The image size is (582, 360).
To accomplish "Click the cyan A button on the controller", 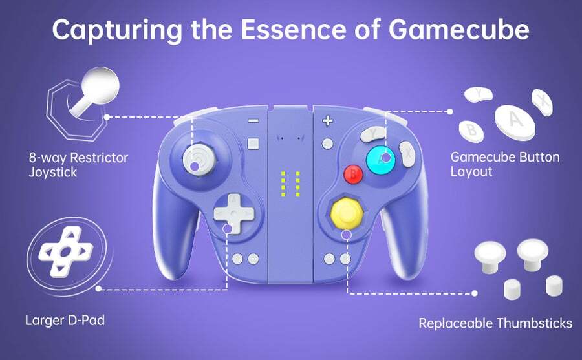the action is (380, 160).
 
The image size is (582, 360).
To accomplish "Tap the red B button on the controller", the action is (353, 174).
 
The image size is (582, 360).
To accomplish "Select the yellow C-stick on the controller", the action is (347, 213).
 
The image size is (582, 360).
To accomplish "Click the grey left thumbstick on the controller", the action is (199, 159).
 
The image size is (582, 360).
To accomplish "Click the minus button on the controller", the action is (253, 121).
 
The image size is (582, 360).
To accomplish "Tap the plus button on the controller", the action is (327, 120).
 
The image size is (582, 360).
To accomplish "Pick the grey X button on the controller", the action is (407, 154).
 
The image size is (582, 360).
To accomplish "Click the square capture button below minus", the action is (253, 143).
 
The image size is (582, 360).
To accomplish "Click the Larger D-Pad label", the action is (65, 321).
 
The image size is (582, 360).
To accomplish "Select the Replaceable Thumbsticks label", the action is (495, 323).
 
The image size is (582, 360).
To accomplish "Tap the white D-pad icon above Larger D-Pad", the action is (66, 252).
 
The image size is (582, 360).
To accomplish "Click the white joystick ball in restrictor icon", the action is (100, 85).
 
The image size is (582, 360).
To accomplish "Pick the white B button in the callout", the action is (471, 131).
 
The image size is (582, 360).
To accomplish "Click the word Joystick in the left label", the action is (53, 173).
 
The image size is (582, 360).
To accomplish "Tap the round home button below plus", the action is (327, 143).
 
